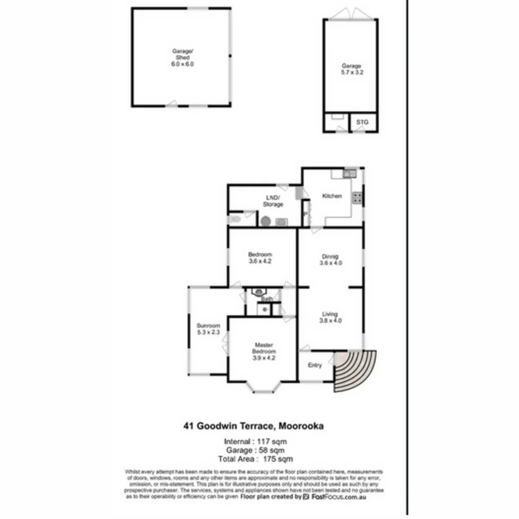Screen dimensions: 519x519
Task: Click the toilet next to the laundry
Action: [235, 220]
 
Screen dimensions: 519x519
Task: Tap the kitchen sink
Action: [349, 173]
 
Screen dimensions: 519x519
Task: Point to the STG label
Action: [362, 123]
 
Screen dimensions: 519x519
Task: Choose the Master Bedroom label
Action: [264, 351]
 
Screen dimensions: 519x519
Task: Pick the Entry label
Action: [315, 366]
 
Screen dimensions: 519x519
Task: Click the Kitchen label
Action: [332, 196]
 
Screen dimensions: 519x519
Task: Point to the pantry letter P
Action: [305, 215]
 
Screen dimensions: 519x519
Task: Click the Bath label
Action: [267, 299]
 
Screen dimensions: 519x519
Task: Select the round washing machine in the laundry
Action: [266, 221]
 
